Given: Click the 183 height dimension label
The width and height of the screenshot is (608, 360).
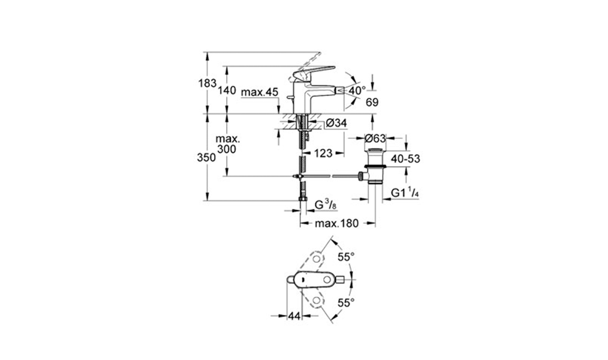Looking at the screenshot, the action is click(x=207, y=83).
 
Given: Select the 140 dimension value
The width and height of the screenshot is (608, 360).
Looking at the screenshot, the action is click(x=227, y=91).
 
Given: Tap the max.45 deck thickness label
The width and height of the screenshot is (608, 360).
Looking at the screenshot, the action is click(x=260, y=92).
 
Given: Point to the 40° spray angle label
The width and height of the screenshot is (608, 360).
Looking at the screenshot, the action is click(x=357, y=91).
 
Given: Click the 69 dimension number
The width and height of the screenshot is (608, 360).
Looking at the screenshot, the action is click(x=372, y=103).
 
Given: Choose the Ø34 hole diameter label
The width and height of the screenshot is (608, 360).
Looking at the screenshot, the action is click(x=336, y=124).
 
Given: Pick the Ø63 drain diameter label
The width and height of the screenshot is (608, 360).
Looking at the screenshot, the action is click(x=375, y=138).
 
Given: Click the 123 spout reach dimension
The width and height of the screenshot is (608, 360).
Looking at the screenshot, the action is click(x=323, y=153).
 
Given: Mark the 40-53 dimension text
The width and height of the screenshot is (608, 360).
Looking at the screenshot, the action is click(x=405, y=158).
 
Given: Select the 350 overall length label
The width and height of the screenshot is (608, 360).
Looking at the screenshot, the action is click(x=207, y=157).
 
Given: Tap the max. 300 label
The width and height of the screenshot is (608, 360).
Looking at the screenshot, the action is click(x=227, y=144).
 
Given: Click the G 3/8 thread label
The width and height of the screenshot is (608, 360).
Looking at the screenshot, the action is click(x=325, y=205).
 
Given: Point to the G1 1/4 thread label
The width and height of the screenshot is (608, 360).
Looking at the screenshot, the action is click(x=405, y=193).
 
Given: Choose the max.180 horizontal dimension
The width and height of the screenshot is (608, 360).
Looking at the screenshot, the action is click(x=336, y=223).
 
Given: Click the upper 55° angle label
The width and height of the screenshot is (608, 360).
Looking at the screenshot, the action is click(x=346, y=257).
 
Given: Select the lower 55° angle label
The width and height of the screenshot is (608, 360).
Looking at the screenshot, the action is click(x=346, y=303).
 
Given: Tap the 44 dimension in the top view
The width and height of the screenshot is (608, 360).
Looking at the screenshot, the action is click(x=294, y=316).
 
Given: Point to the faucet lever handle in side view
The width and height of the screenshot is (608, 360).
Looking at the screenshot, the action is click(x=312, y=73).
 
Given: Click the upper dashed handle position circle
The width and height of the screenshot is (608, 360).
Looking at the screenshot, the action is click(x=317, y=259).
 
